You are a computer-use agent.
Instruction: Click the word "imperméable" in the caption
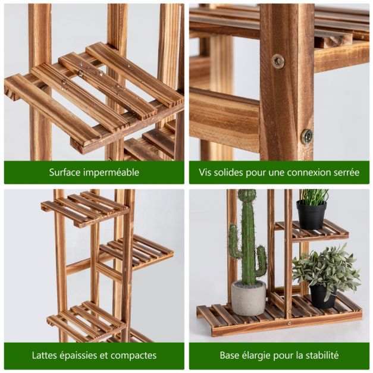pyautogui.click(x=111, y=173)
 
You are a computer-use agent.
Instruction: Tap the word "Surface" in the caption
pyautogui.click(x=64, y=172)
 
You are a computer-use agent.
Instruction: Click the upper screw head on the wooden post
pyautogui.click(x=278, y=61)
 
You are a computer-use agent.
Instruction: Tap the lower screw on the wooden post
pyautogui.click(x=308, y=136)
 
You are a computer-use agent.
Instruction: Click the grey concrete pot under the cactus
pyautogui.click(x=249, y=298)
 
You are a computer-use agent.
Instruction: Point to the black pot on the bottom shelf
pyautogui.click(x=323, y=296)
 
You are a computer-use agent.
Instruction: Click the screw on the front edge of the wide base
pyautogui.click(x=290, y=323)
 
